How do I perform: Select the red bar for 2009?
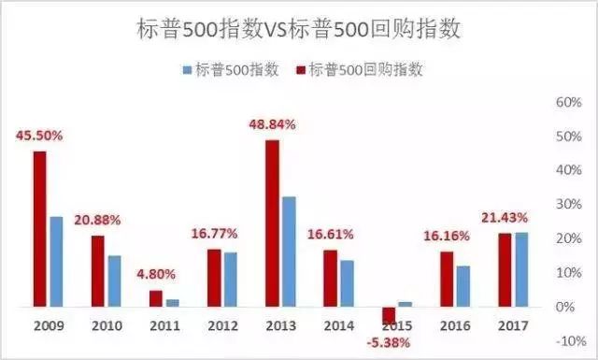point(40,229)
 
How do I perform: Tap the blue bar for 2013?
point(288,252)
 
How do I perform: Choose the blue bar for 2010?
point(114,281)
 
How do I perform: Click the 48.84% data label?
point(271,124)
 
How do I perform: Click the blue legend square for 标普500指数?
point(187,71)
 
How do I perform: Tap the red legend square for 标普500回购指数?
point(302,71)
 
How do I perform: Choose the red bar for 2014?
point(330,278)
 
